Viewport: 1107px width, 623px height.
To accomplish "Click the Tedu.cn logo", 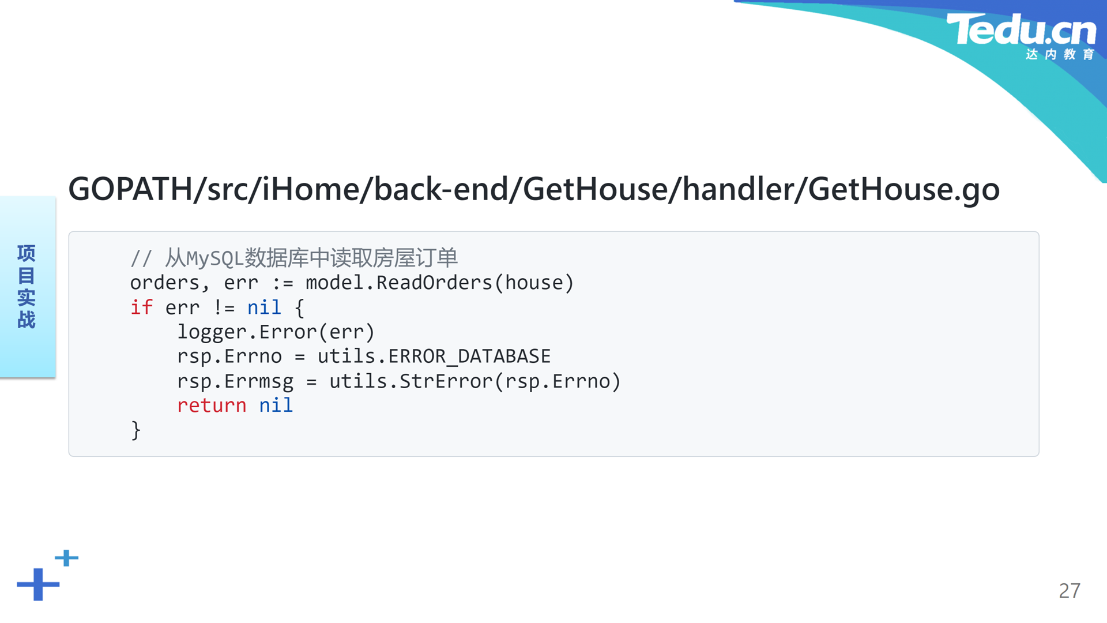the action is (x=1021, y=36).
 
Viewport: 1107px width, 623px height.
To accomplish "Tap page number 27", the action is (x=1070, y=591).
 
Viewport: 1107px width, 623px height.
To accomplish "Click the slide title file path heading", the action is (x=534, y=189).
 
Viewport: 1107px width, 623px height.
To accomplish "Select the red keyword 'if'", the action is (x=141, y=307).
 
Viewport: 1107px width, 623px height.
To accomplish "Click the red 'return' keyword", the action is (x=212, y=406).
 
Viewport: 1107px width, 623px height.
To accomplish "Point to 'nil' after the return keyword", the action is (x=276, y=405).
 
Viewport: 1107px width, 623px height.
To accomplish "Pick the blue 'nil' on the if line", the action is (x=264, y=307).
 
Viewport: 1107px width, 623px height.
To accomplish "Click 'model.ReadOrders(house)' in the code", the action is (x=440, y=283).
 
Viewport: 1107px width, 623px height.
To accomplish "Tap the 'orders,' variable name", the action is (x=170, y=283).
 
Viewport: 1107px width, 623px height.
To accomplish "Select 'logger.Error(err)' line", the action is (x=276, y=332).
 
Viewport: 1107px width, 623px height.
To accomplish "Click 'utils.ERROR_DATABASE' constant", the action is (x=434, y=356).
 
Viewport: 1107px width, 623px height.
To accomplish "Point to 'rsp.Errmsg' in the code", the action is (x=235, y=381).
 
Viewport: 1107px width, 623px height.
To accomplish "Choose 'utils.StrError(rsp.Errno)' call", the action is (x=475, y=381).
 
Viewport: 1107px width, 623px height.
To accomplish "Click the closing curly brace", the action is (x=136, y=430).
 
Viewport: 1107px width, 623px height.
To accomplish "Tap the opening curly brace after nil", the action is (x=299, y=308).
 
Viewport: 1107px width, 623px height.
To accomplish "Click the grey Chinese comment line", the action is (x=294, y=258).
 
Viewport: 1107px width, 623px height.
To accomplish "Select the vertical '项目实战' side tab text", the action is (x=27, y=287).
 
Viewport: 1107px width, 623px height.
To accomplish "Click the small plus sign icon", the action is (x=67, y=558).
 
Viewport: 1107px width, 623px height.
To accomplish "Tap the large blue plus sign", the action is (x=38, y=584).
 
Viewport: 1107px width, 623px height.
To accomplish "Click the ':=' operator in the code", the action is (x=283, y=283).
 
